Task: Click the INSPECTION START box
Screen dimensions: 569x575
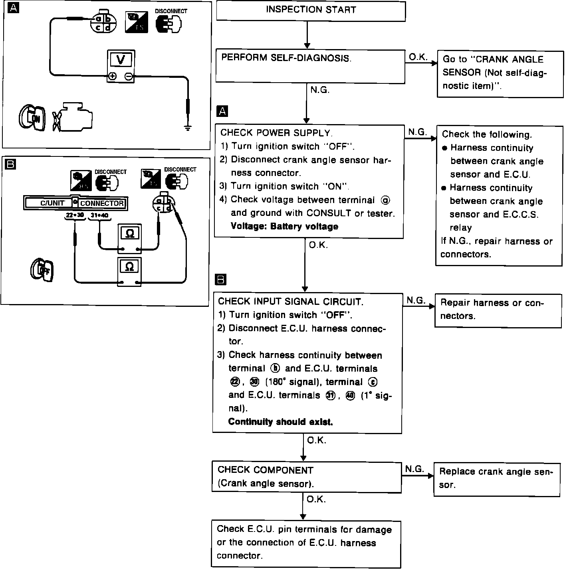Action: pyautogui.click(x=311, y=11)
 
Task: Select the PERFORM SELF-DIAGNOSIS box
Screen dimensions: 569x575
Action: pyautogui.click(x=310, y=66)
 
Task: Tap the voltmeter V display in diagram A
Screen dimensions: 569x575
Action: pyautogui.click(x=121, y=60)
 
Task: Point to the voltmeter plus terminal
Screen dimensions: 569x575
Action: pyautogui.click(x=113, y=76)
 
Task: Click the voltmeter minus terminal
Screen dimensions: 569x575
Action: pyautogui.click(x=129, y=76)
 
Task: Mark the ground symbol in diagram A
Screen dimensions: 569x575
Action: pyautogui.click(x=188, y=128)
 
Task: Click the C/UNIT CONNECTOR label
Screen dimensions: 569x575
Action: pyautogui.click(x=75, y=203)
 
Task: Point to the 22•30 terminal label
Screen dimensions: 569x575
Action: pyautogui.click(x=75, y=215)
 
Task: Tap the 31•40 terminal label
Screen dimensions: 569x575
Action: pyautogui.click(x=99, y=215)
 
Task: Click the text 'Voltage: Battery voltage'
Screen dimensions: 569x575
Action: pyautogui.click(x=284, y=227)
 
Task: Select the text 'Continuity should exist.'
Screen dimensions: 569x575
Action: pyautogui.click(x=280, y=422)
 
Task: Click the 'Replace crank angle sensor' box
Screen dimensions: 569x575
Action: pyautogui.click(x=497, y=479)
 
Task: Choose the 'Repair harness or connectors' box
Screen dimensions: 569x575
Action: pyautogui.click(x=498, y=310)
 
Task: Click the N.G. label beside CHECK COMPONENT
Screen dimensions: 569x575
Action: pyautogui.click(x=414, y=469)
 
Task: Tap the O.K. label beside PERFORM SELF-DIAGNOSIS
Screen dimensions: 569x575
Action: pyautogui.click(x=418, y=57)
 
